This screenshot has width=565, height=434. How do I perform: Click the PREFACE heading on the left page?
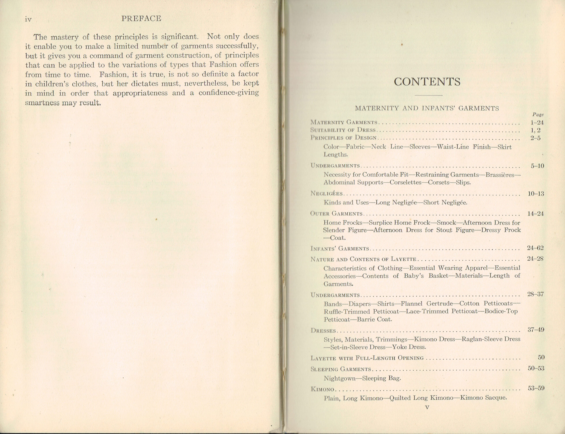(141, 19)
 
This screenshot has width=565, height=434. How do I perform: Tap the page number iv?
(28, 19)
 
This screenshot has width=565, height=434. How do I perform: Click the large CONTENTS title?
(427, 82)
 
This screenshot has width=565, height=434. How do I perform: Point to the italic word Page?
(538, 115)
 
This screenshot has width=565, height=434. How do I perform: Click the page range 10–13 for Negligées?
(536, 194)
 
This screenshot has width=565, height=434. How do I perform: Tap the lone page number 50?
(541, 357)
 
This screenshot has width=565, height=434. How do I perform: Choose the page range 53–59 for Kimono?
(536, 388)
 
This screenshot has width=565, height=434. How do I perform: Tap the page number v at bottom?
(427, 408)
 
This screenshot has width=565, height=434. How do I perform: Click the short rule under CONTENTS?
(428, 96)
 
